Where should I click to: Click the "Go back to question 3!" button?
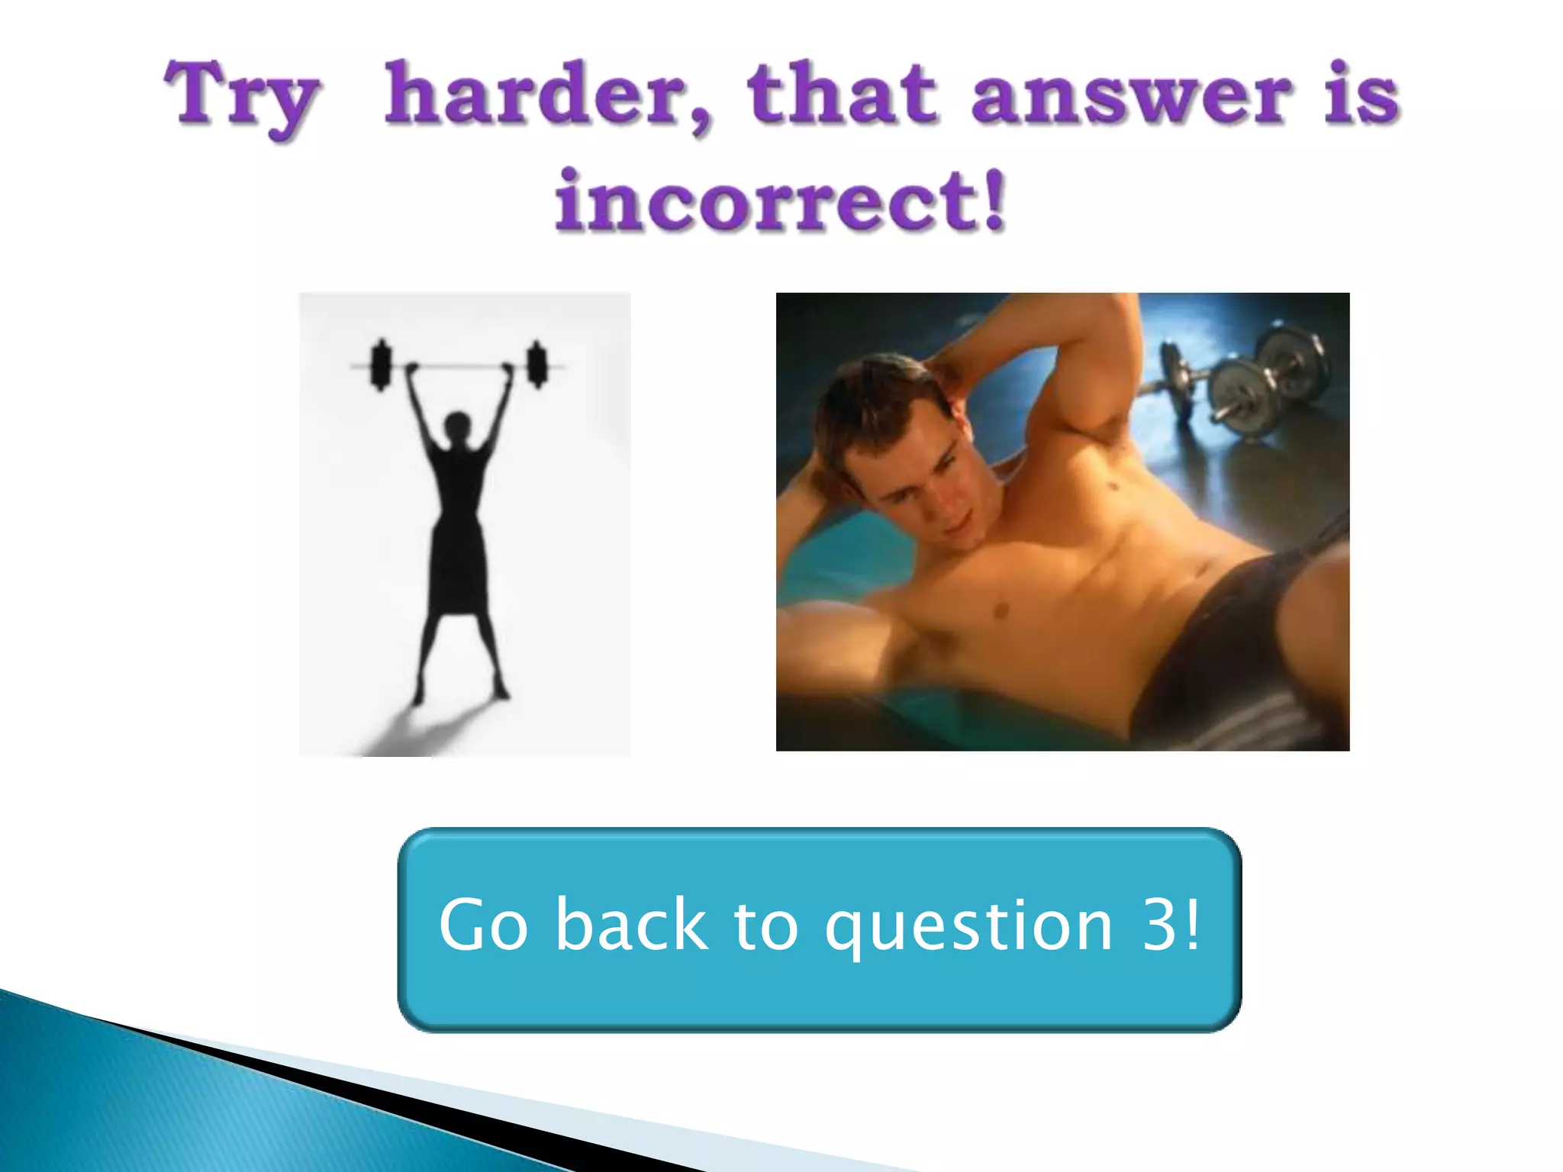(819, 929)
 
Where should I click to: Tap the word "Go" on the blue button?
(482, 925)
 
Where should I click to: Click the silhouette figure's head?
(458, 424)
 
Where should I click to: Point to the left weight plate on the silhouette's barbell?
(379, 365)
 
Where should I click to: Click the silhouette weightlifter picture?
(464, 524)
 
